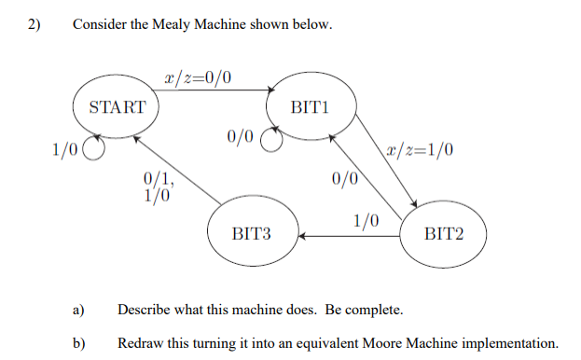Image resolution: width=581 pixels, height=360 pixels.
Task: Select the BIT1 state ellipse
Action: click(310, 106)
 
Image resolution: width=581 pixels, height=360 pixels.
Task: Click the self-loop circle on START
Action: click(93, 147)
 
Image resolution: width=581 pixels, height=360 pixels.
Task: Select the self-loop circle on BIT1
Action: click(270, 140)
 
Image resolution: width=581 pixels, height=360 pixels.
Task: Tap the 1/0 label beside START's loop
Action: click(65, 147)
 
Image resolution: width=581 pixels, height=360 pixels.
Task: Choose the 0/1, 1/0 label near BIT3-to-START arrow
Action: click(156, 187)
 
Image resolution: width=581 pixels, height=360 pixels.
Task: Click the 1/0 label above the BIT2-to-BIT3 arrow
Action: click(367, 221)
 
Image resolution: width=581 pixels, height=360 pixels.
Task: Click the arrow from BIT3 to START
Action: click(177, 169)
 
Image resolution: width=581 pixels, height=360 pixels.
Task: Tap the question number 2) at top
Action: click(35, 25)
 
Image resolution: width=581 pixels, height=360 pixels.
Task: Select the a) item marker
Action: click(78, 310)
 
